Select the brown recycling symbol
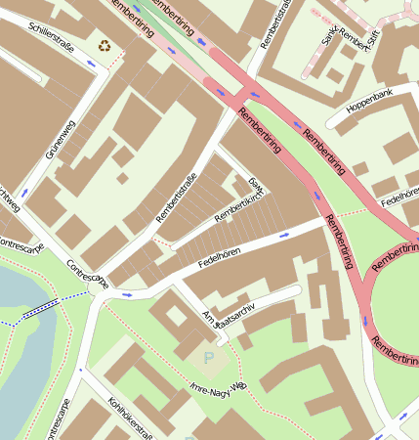(x=105, y=44)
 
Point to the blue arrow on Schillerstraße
(x=92, y=63)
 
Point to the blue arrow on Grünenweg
(x=23, y=193)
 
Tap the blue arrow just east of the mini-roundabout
(x=126, y=292)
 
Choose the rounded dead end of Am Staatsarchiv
(x=296, y=290)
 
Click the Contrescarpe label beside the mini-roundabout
(x=86, y=275)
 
